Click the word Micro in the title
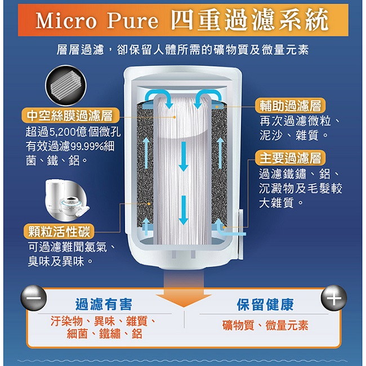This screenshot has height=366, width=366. (x=66, y=20)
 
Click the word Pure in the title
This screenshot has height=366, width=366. (x=132, y=20)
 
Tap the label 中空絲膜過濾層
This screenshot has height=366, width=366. (x=70, y=116)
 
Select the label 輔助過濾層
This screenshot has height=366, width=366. (x=291, y=106)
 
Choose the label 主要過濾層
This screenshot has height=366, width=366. (x=290, y=158)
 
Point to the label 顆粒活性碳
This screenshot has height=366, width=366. (x=59, y=231)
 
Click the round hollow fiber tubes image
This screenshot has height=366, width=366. (x=65, y=86)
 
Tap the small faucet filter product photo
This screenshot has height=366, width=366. (x=66, y=199)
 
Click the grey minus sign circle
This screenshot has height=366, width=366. (x=34, y=298)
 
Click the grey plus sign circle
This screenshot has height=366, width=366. (x=334, y=298)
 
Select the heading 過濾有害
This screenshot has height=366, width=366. (x=104, y=304)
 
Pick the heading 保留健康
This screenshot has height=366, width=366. (x=265, y=305)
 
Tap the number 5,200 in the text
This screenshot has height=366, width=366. (x=61, y=133)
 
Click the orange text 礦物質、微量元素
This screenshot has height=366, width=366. (x=265, y=325)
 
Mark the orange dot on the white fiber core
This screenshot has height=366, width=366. (x=174, y=117)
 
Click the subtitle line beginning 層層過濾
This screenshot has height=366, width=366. (x=183, y=50)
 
